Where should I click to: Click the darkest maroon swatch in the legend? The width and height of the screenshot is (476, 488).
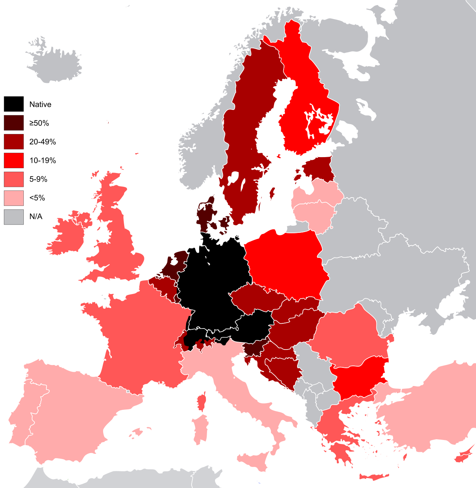point(14,123)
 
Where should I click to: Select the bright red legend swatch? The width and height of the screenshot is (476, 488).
point(14,160)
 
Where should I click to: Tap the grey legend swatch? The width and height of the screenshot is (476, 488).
point(14,217)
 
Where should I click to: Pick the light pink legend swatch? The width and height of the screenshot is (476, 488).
point(14,198)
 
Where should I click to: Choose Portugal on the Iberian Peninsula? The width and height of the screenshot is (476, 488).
point(20,421)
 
